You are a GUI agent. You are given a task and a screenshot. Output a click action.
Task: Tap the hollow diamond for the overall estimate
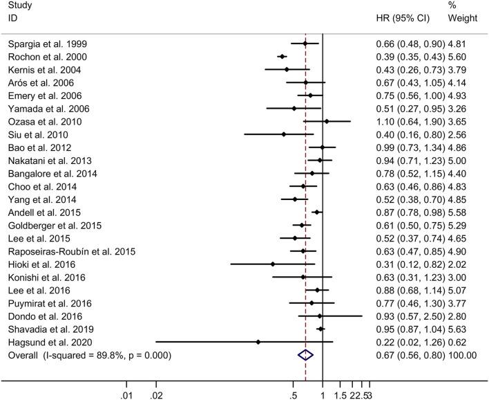pos(305,355)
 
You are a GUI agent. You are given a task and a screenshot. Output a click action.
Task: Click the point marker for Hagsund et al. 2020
pos(258,342)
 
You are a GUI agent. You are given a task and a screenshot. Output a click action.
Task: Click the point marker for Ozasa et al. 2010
pos(327,122)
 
